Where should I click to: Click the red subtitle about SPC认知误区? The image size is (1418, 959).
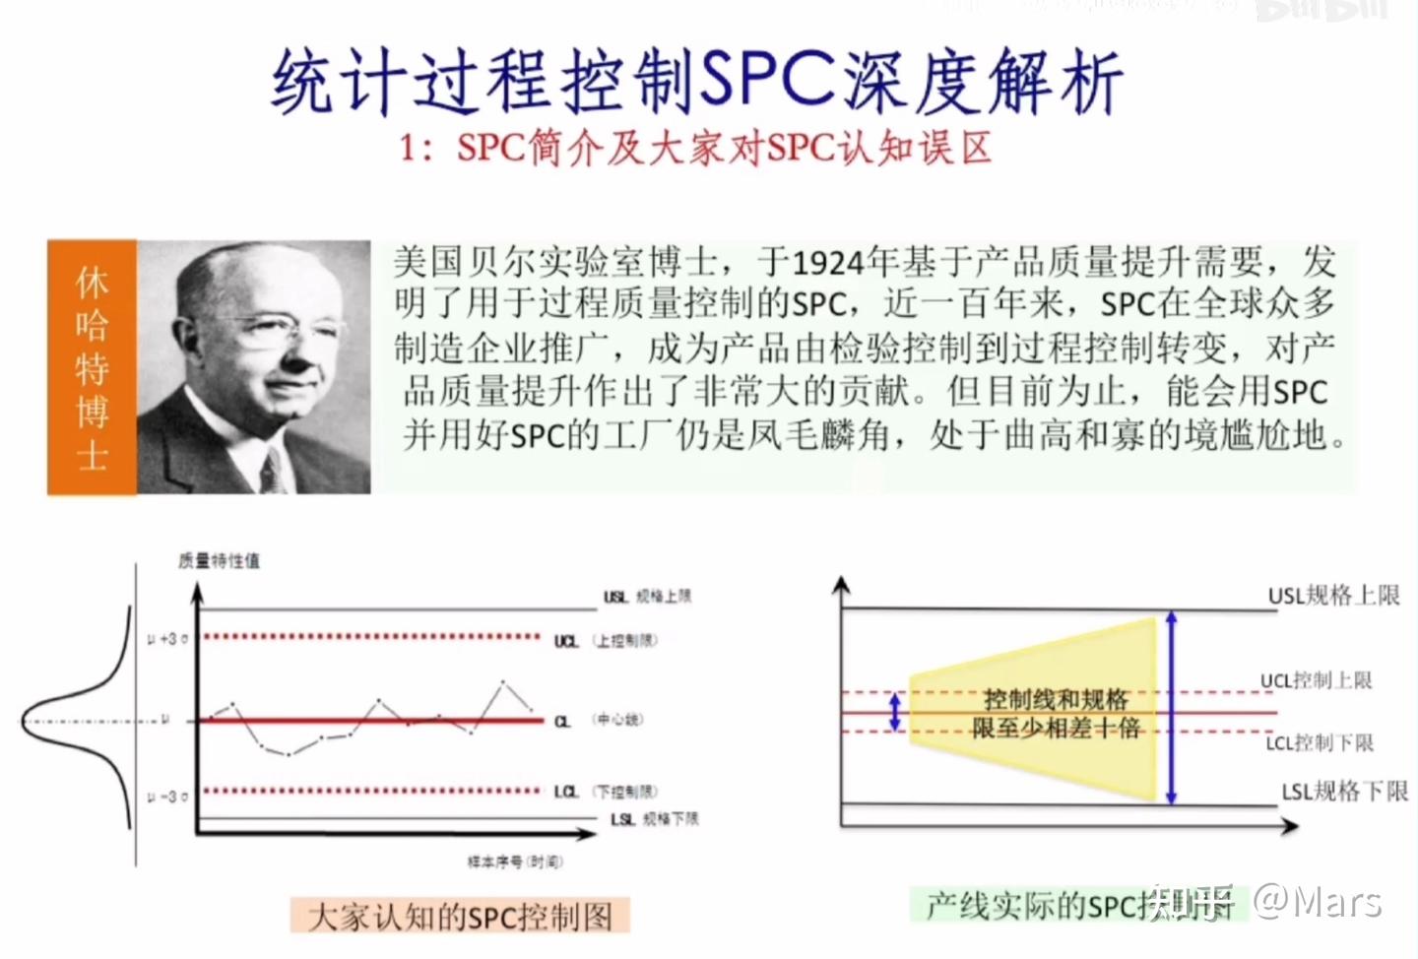tap(695, 149)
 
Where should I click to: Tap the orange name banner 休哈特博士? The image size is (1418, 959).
tap(92, 367)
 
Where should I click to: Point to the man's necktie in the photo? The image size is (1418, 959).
tap(273, 472)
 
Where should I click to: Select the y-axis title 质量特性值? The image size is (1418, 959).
tap(219, 560)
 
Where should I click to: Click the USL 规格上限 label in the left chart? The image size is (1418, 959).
tap(647, 596)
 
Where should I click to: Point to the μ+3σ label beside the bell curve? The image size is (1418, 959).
tap(167, 639)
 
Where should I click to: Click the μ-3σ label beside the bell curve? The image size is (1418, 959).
tap(167, 795)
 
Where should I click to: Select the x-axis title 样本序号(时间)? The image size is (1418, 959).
tap(515, 862)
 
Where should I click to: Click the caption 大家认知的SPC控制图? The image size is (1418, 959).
tap(460, 917)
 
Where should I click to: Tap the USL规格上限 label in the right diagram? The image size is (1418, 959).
tap(1333, 596)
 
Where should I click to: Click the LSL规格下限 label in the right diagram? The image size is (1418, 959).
tap(1344, 792)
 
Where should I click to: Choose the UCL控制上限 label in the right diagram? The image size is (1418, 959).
tap(1316, 680)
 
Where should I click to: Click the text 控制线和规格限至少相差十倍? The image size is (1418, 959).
tap(1056, 714)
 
